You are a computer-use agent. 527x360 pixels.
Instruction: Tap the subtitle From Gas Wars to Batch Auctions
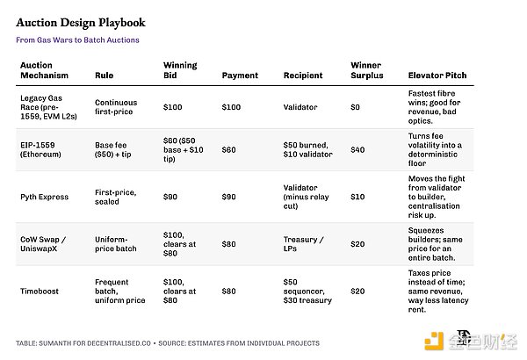tap(77, 40)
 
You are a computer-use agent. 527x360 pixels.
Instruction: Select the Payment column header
tap(240, 76)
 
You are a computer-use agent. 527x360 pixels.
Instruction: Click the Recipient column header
tap(303, 76)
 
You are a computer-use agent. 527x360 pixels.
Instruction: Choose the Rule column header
tap(104, 76)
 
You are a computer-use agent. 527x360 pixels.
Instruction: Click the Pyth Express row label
tap(44, 197)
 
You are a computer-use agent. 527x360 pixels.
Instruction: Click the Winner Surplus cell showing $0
tap(356, 106)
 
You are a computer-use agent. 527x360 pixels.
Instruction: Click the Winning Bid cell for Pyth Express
tap(172, 197)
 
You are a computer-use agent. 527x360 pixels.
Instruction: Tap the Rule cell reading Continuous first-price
tap(116, 106)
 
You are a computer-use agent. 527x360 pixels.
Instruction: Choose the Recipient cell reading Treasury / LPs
tap(304, 244)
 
